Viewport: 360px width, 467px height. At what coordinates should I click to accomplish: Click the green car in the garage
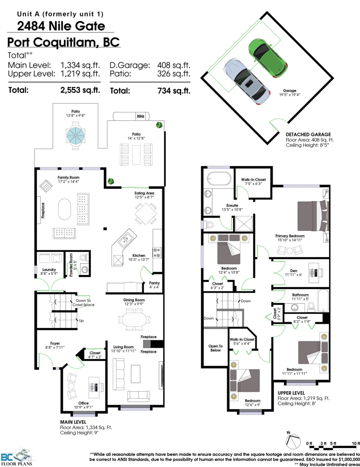pos(268,58)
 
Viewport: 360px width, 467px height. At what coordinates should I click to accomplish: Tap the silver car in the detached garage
pos(247,81)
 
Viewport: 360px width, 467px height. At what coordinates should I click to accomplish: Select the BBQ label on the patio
pos(140,116)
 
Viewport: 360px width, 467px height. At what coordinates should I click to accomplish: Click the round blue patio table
pos(75,135)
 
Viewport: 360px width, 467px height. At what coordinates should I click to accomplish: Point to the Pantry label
pos(154,283)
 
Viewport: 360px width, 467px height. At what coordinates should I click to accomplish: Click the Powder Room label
pos(71,265)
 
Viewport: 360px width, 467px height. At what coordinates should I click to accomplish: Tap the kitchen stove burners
pos(157,253)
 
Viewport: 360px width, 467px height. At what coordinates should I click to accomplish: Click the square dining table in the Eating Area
pos(146,214)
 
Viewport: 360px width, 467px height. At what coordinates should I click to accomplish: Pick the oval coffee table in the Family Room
pos(65,209)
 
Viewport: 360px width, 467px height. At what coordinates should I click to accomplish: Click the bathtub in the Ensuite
pos(219,178)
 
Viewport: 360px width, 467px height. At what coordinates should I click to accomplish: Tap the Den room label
pos(294,270)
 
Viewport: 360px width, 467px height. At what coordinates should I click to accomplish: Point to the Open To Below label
pos(215,348)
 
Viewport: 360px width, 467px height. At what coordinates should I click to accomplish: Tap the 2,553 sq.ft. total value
pos(80,90)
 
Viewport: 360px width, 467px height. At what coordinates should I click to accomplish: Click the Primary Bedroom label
pos(290,236)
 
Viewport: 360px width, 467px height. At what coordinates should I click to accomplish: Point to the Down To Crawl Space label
pos(83,303)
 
